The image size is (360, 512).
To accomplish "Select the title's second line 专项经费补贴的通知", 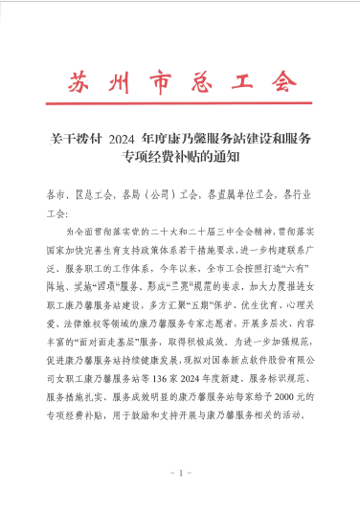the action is (180, 155).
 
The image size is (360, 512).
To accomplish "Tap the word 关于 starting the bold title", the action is (59, 138).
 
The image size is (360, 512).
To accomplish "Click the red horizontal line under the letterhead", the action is (180, 108).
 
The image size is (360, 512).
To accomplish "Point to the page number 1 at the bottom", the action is (180, 474).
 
